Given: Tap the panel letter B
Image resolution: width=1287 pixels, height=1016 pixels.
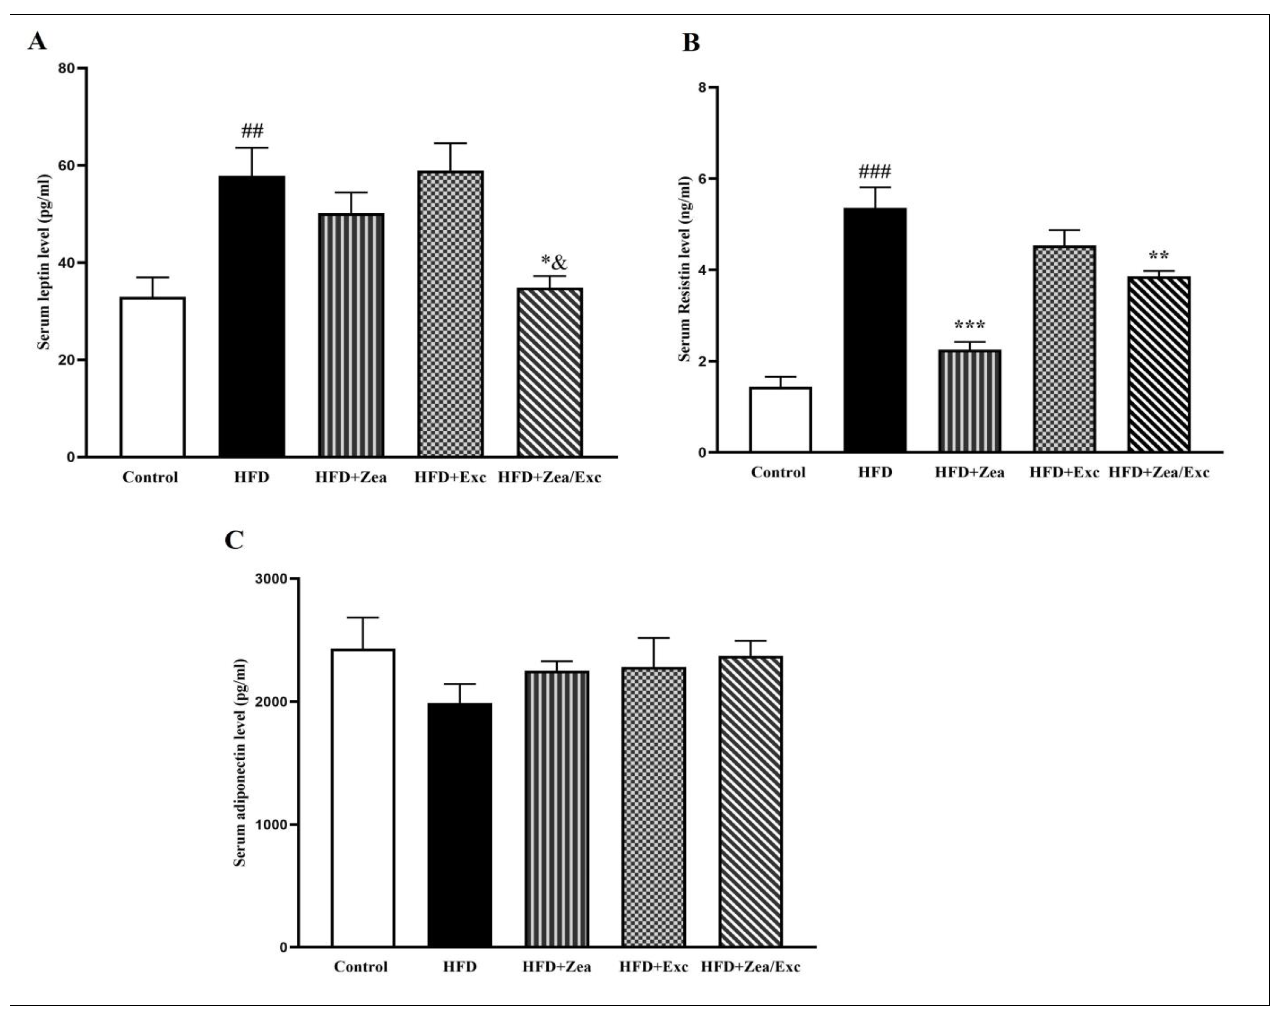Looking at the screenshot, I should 690,43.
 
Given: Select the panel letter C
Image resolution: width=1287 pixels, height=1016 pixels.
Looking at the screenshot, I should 234,540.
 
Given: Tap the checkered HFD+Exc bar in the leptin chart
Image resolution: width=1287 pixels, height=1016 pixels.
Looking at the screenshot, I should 450,314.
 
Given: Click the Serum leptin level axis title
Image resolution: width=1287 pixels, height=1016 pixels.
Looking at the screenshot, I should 43,262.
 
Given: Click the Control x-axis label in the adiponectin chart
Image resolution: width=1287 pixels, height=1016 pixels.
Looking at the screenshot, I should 361,967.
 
